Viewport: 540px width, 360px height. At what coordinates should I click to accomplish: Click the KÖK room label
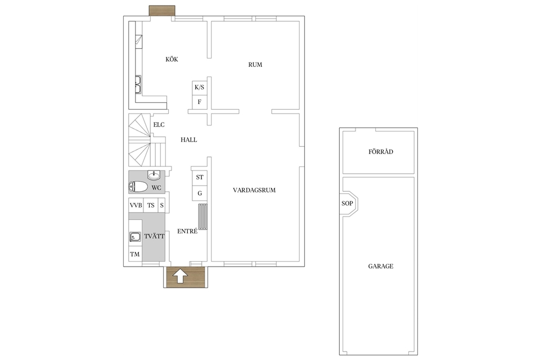point(172,59)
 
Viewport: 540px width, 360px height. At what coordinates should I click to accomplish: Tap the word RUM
point(255,65)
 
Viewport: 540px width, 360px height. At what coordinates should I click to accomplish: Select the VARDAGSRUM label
point(254,190)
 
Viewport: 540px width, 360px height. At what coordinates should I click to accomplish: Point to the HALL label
point(189,139)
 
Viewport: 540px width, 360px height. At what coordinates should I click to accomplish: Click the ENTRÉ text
point(187,231)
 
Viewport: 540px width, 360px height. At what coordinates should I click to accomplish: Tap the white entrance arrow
point(180,276)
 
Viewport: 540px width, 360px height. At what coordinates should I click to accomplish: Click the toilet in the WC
point(138,187)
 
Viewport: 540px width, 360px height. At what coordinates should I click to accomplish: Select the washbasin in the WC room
point(154,175)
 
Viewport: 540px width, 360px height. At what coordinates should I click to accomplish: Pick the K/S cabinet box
point(199,88)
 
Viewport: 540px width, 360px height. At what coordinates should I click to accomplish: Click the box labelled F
point(199,102)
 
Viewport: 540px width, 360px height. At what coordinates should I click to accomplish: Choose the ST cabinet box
point(199,177)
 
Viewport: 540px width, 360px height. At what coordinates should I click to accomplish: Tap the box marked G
point(199,193)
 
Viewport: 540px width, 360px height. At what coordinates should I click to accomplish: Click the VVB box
point(136,205)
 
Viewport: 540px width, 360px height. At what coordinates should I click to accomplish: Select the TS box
point(151,205)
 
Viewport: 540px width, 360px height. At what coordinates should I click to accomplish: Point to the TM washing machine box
point(135,254)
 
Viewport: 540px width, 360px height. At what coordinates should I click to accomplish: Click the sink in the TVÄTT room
point(135,237)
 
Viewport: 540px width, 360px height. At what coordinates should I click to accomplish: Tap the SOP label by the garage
point(347,203)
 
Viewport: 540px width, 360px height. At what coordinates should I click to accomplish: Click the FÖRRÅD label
point(381,151)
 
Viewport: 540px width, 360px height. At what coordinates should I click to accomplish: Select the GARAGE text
point(381,266)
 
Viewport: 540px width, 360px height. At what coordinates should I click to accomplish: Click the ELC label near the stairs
point(159,125)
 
